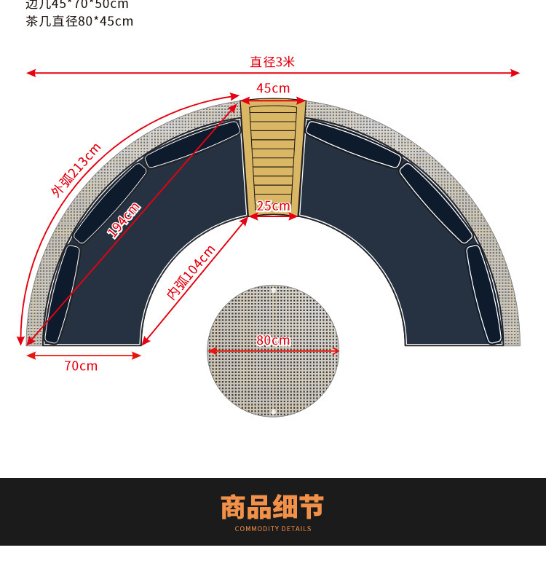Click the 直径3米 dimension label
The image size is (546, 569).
272,62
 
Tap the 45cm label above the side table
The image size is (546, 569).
273,88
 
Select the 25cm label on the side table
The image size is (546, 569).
273,206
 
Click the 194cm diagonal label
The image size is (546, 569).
124,220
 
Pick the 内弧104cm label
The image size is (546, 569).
191,272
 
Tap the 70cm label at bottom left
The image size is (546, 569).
81,366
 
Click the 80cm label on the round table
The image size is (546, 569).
273,340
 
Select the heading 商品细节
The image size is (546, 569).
272,506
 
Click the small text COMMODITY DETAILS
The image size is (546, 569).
272,529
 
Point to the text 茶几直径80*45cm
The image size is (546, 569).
79,21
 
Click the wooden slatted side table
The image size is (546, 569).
273,157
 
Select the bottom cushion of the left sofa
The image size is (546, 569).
62,294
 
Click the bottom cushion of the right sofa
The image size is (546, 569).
484,294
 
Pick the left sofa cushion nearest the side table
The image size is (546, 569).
192,144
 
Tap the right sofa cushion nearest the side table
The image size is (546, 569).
354,144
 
